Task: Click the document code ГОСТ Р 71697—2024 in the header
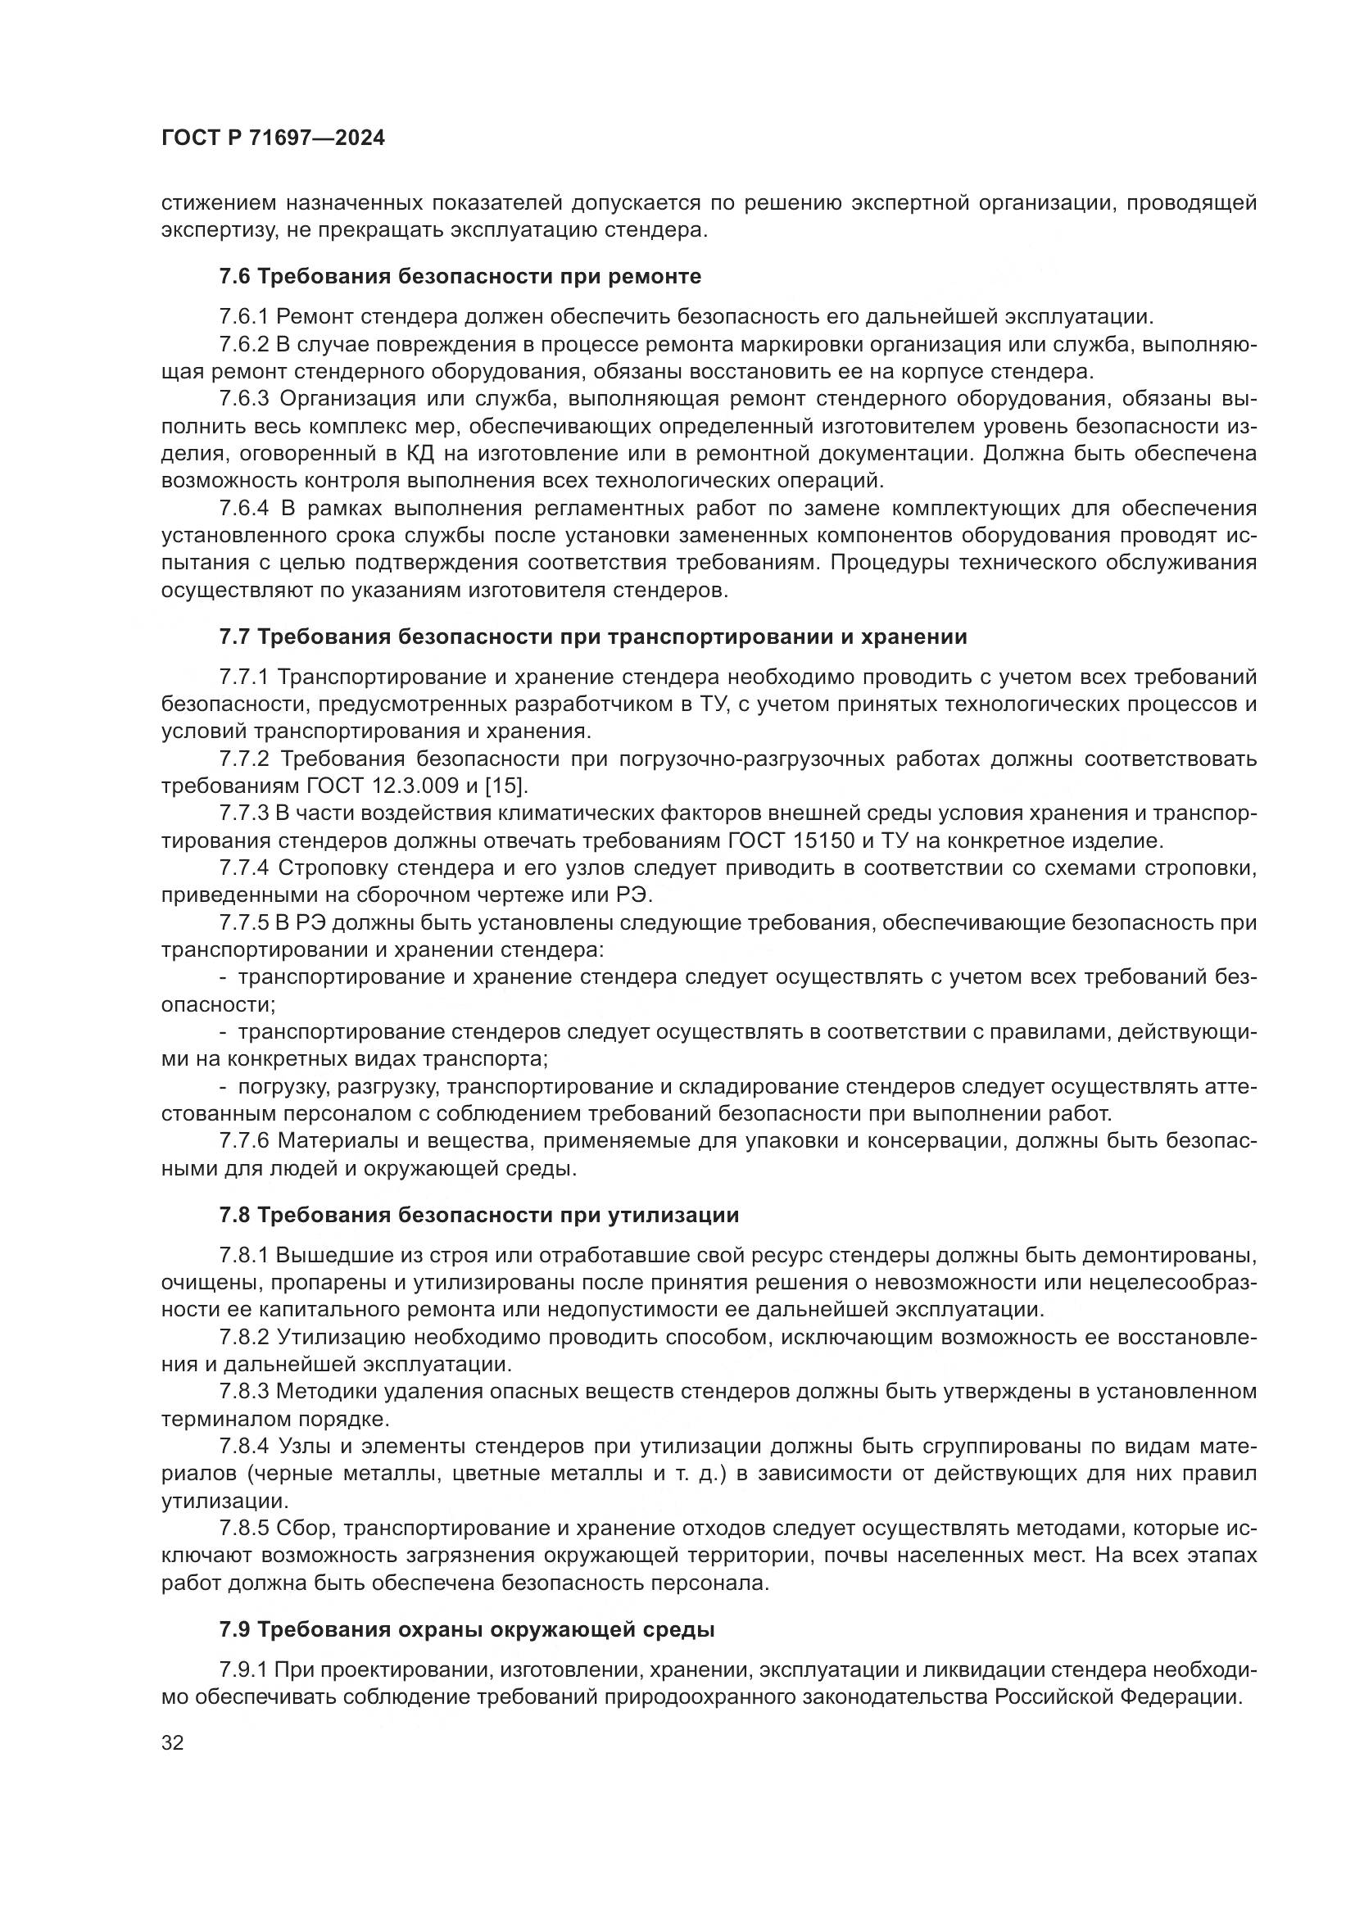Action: pyautogui.click(x=273, y=138)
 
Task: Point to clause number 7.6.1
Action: pyautogui.click(x=243, y=317)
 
